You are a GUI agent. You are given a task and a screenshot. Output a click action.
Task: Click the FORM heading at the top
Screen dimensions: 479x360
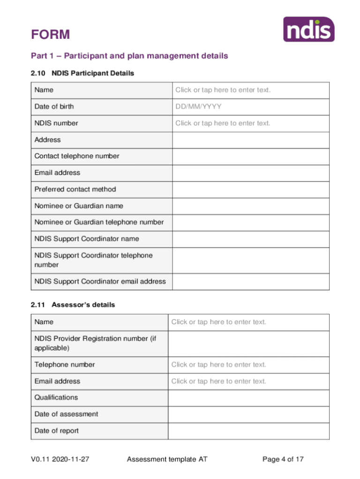50,35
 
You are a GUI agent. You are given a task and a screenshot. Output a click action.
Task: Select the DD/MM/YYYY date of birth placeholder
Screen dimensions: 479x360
198,106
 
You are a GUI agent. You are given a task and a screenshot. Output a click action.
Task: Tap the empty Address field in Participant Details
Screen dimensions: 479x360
250,140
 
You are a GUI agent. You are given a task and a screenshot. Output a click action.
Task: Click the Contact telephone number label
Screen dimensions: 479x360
77,156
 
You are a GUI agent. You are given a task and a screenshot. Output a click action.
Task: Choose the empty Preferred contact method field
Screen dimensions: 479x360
250,190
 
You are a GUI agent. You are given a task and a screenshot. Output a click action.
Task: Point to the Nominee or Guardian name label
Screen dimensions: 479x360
79,206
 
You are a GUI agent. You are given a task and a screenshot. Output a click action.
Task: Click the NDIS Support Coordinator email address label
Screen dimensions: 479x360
100,281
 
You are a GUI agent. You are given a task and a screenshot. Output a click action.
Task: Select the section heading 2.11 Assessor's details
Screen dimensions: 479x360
73,305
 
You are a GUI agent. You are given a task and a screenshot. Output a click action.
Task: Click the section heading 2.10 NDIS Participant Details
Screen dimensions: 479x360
82,73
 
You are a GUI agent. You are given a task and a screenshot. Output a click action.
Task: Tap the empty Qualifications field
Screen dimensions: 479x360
248,397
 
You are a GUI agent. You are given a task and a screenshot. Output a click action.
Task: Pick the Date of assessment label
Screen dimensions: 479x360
66,414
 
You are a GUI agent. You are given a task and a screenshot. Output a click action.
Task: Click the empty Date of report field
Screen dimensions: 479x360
248,431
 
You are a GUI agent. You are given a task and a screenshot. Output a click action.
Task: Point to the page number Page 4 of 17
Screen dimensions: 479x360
283,459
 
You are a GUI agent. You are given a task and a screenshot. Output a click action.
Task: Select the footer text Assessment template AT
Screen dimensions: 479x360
167,459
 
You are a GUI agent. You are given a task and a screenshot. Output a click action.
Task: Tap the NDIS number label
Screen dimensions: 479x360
56,123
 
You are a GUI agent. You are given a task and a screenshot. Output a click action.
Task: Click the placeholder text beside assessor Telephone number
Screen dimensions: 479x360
218,365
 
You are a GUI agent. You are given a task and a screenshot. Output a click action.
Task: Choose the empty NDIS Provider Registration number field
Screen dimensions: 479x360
248,343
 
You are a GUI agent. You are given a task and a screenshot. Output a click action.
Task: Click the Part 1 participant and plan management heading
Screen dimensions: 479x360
129,56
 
